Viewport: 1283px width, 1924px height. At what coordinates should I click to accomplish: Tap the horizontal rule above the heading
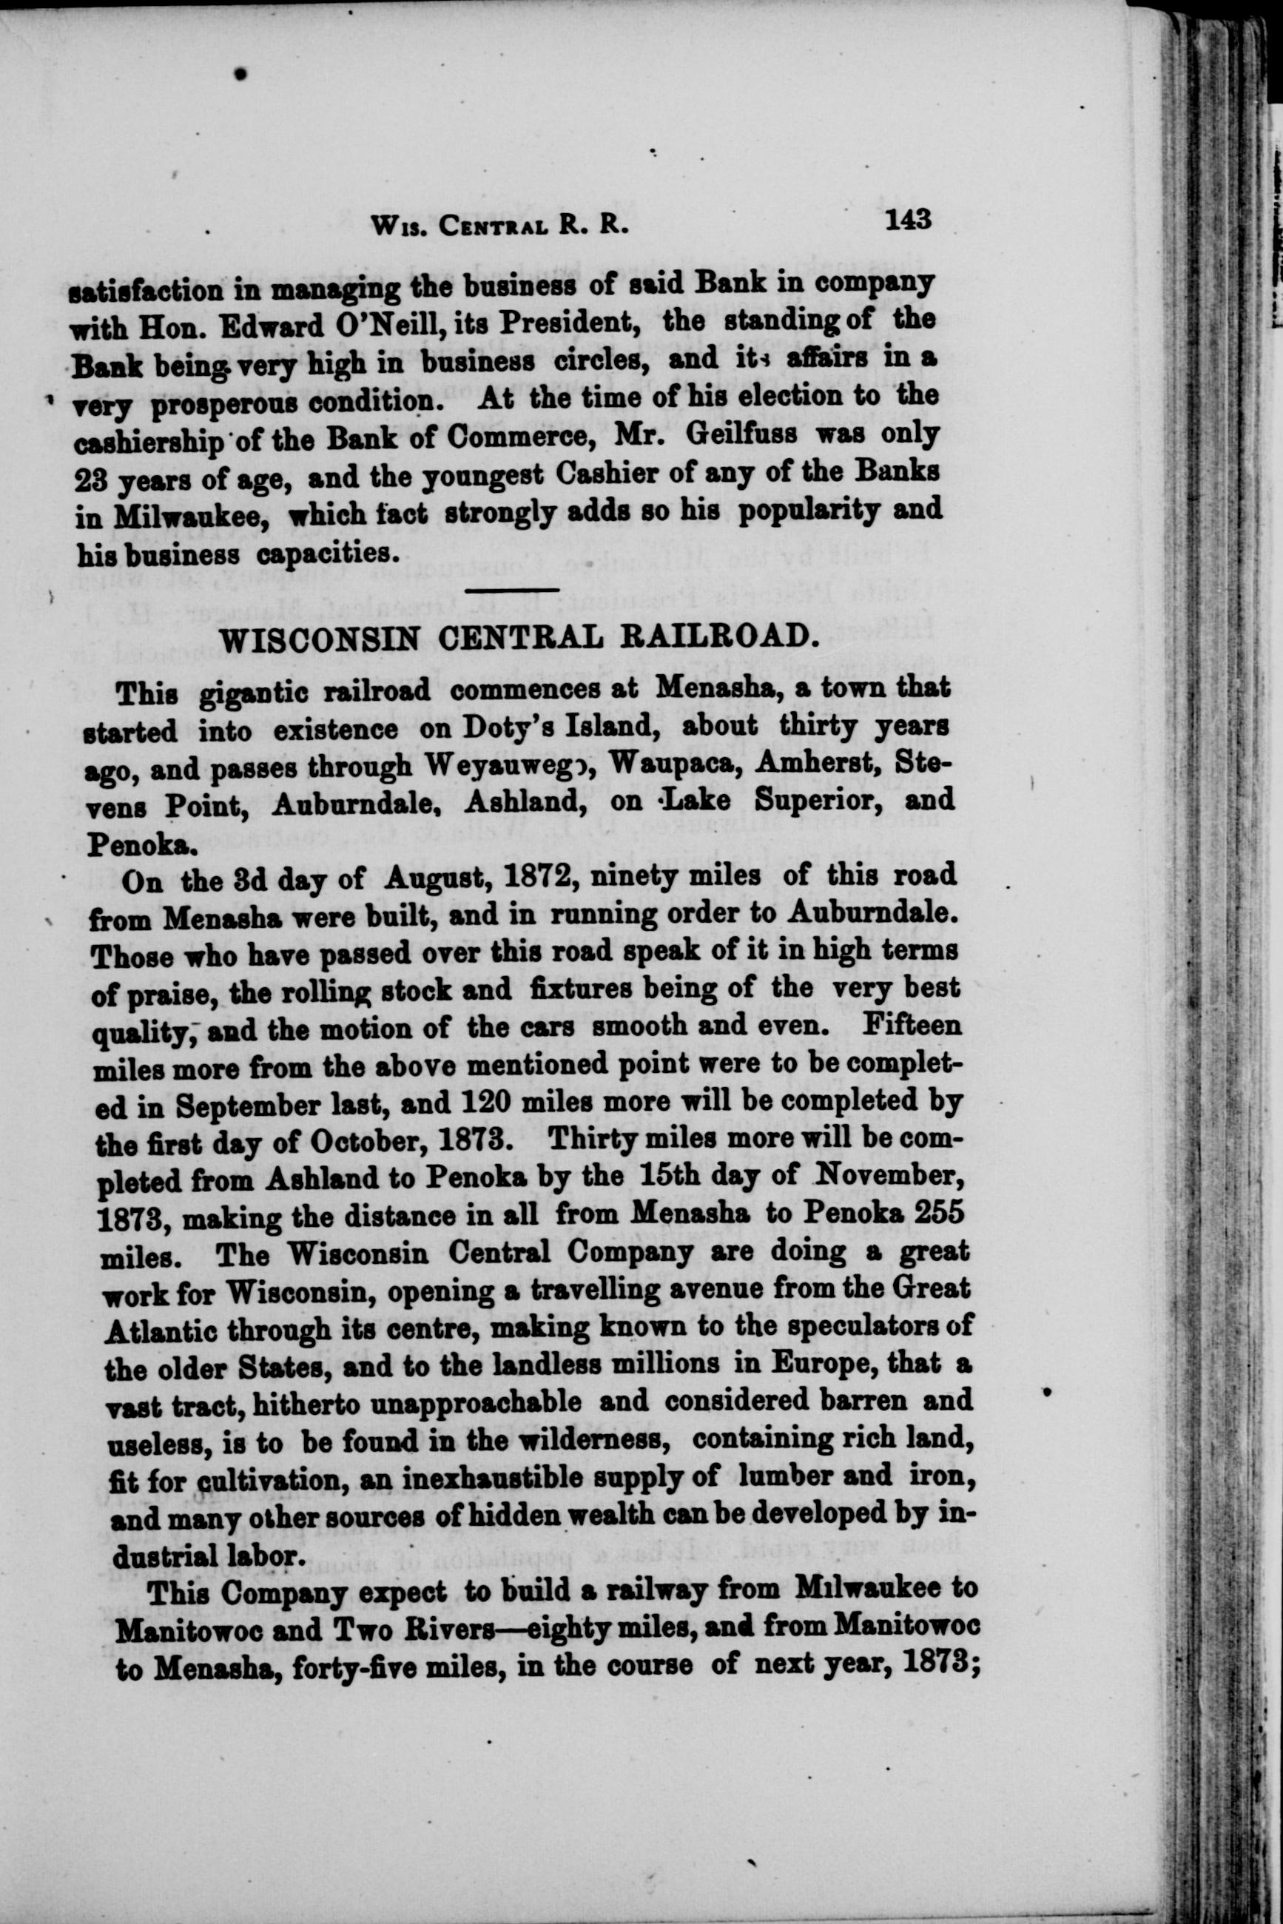[511, 589]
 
